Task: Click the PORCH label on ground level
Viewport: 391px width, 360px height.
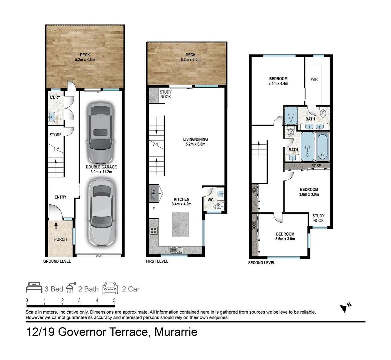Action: [x=60, y=239]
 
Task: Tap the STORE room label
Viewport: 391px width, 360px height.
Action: [x=56, y=135]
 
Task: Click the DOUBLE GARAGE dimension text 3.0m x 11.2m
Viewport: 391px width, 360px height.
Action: [x=101, y=172]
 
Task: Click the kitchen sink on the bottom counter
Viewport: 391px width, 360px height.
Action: [x=176, y=250]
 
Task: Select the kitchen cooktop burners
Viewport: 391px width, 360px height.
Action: [x=154, y=231]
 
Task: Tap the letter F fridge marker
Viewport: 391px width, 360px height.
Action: [x=154, y=209]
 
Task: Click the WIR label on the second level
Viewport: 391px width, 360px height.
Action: [x=314, y=79]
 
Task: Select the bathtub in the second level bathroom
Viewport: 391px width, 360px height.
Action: [x=322, y=146]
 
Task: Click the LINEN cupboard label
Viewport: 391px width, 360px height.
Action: [x=254, y=191]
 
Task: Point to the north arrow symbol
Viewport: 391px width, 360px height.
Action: [x=343, y=308]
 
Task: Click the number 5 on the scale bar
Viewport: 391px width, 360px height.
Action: [x=114, y=300]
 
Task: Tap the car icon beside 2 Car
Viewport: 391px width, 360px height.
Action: [x=110, y=288]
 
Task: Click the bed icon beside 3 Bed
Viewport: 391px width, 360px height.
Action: [x=34, y=288]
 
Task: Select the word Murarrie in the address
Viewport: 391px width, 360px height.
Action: [x=176, y=332]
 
